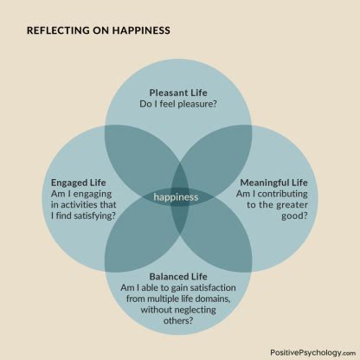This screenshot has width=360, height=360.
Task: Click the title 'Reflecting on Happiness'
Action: click(x=99, y=30)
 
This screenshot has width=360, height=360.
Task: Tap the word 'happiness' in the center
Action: click(x=176, y=197)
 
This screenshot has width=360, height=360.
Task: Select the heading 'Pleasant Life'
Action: click(x=178, y=93)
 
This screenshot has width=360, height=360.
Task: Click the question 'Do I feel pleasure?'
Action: click(x=178, y=104)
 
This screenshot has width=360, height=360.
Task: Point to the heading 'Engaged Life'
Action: click(x=79, y=183)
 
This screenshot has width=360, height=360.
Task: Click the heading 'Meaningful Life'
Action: click(x=274, y=183)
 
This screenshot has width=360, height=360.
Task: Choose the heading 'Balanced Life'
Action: click(x=178, y=277)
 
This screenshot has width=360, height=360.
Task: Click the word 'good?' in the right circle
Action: click(x=295, y=216)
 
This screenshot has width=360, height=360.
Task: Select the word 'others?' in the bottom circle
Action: click(x=178, y=320)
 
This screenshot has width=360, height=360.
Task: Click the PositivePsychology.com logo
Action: click(x=313, y=352)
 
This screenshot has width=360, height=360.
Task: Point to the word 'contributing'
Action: click(x=283, y=194)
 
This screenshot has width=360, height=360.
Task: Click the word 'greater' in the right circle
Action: click(x=292, y=205)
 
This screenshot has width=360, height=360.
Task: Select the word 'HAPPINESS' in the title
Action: click(x=141, y=30)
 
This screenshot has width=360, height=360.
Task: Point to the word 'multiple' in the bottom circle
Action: click(x=163, y=299)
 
